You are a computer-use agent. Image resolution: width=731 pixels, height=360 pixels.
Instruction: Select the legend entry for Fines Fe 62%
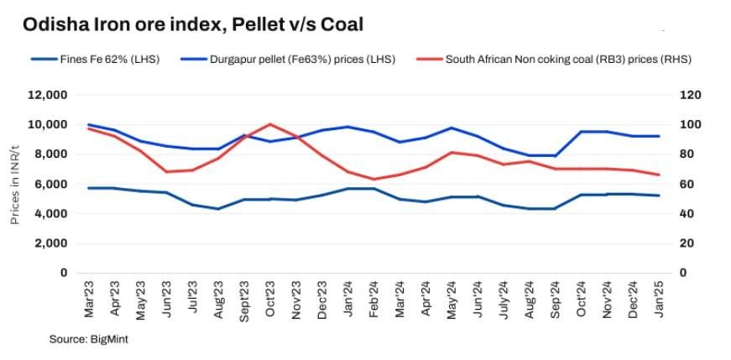(95, 60)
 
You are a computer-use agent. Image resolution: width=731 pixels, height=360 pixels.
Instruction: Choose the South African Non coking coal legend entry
(554, 60)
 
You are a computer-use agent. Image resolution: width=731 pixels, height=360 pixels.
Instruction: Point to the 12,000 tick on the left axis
(47, 95)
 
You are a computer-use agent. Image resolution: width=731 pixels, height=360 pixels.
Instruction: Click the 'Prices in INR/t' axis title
(15, 184)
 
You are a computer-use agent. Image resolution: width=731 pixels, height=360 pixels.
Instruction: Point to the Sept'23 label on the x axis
(244, 302)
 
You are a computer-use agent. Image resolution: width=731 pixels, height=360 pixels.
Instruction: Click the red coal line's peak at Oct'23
(270, 124)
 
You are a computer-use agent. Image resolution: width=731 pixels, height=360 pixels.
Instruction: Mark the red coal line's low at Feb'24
(373, 179)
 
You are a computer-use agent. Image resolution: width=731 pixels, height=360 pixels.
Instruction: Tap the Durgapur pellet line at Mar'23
(89, 124)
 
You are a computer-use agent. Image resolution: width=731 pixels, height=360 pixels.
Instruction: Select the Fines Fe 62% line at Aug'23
(218, 208)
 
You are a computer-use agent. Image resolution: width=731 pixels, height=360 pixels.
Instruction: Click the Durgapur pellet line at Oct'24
(581, 132)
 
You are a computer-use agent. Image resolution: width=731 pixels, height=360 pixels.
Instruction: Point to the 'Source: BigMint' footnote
(89, 340)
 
